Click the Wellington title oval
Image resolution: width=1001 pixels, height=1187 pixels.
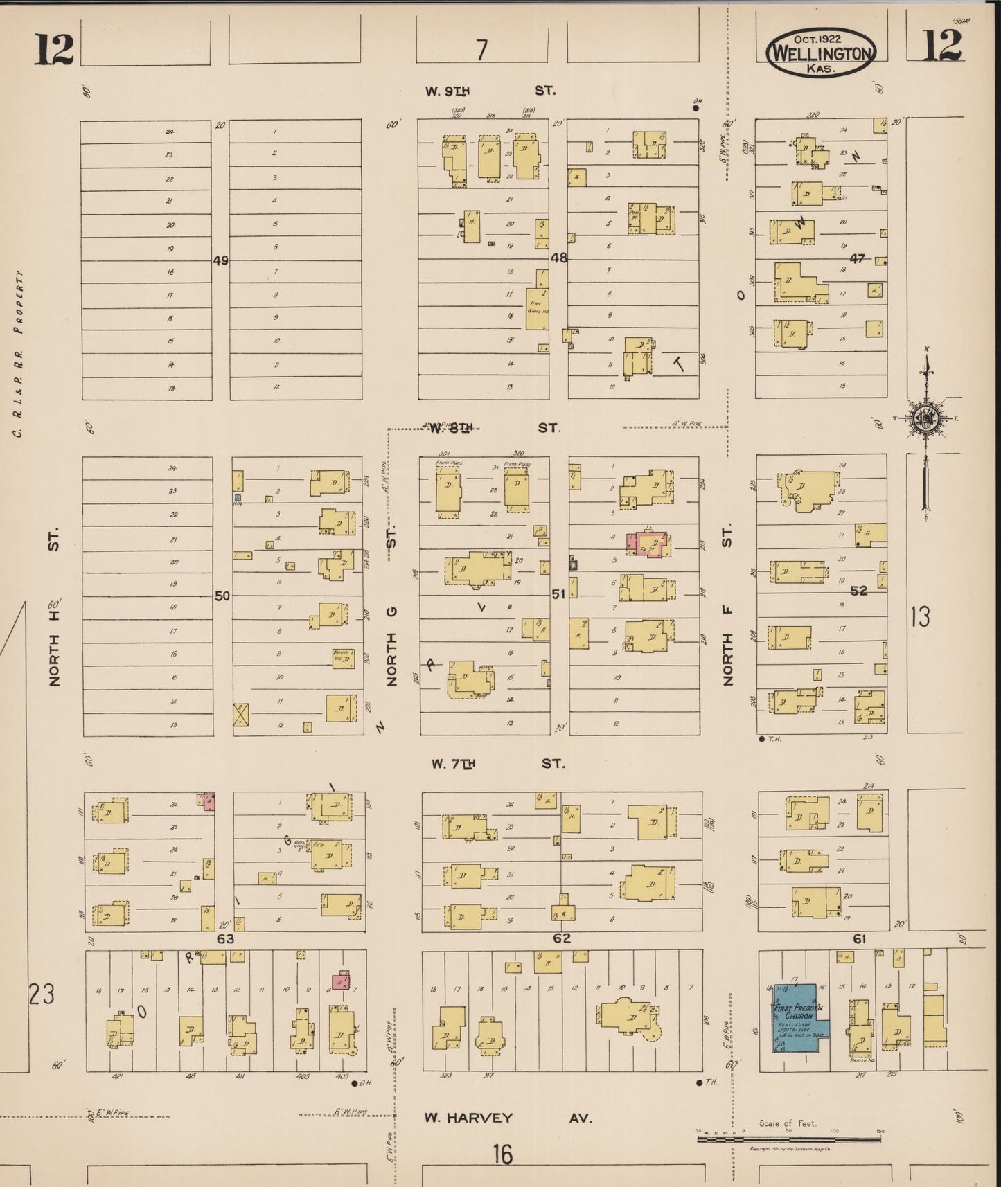click(x=821, y=52)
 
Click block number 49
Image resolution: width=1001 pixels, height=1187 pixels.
click(x=220, y=260)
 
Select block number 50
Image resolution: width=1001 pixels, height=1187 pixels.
click(x=222, y=596)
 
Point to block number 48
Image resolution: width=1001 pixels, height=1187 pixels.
click(x=558, y=258)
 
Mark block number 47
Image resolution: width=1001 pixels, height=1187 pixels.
click(x=858, y=258)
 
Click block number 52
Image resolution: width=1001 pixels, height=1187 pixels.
click(x=859, y=591)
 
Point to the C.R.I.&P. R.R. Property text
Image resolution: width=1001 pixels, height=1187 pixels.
click(x=19, y=353)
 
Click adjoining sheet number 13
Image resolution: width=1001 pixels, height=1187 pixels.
click(x=920, y=616)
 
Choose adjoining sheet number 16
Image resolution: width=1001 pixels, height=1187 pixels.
click(x=503, y=1155)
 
